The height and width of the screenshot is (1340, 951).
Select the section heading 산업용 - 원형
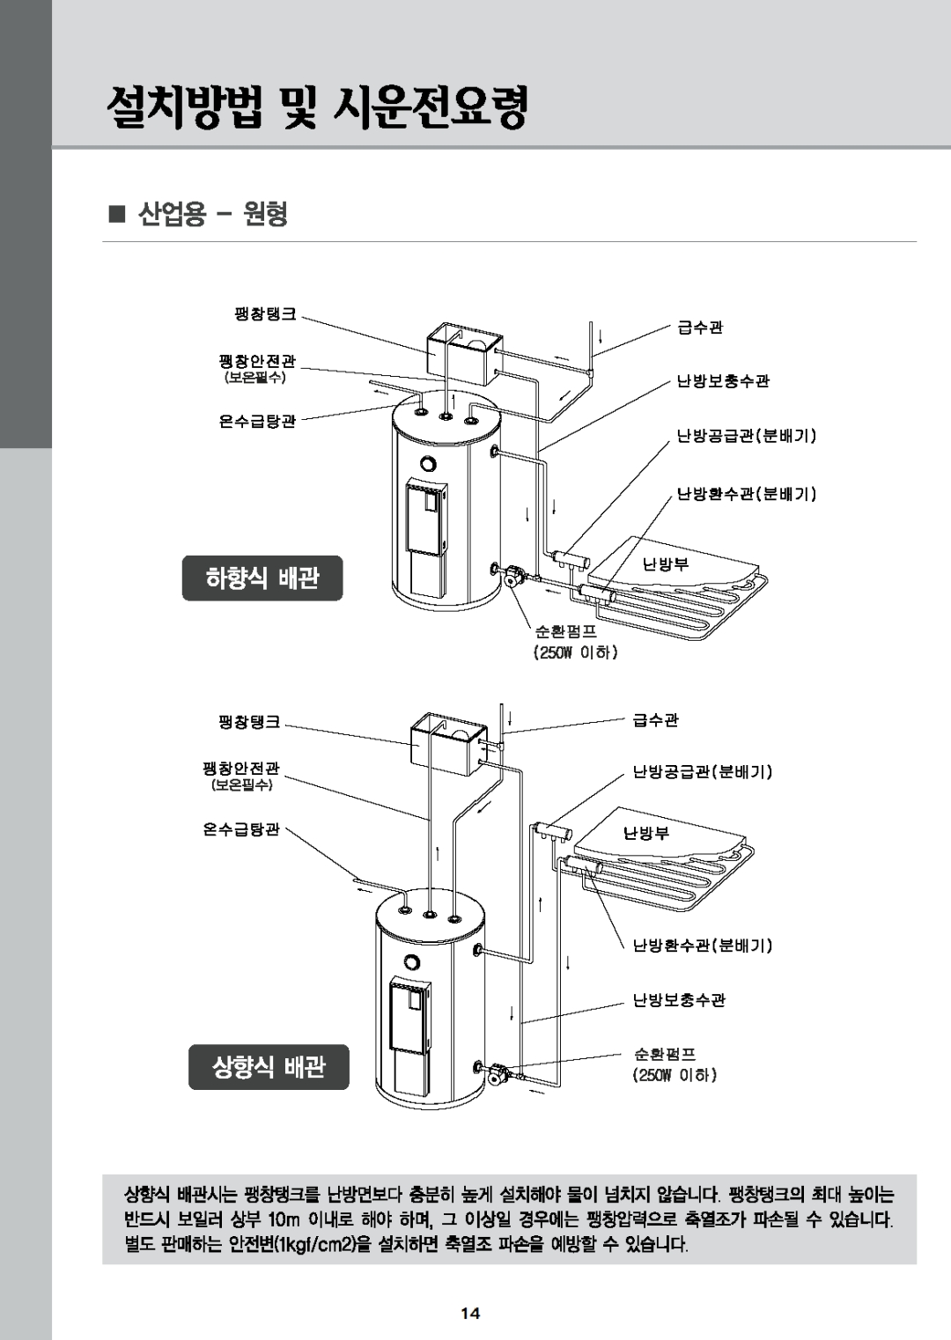click(x=211, y=214)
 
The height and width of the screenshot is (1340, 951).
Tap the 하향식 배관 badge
click(x=262, y=578)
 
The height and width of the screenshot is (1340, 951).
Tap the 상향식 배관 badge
click(x=269, y=1067)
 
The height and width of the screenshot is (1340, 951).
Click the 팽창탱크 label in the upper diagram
click(x=264, y=313)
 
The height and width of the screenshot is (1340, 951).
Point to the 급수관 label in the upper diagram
click(x=700, y=328)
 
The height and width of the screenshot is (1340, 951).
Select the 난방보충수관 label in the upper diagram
click(x=723, y=381)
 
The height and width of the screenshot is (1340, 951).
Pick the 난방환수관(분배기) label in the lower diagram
click(x=703, y=946)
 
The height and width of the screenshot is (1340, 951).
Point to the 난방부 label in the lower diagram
click(x=647, y=833)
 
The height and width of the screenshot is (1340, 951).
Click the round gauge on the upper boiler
click(x=428, y=464)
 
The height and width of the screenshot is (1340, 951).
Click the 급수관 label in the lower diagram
click(x=656, y=720)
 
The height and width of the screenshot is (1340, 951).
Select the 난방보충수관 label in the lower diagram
click(x=679, y=1000)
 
